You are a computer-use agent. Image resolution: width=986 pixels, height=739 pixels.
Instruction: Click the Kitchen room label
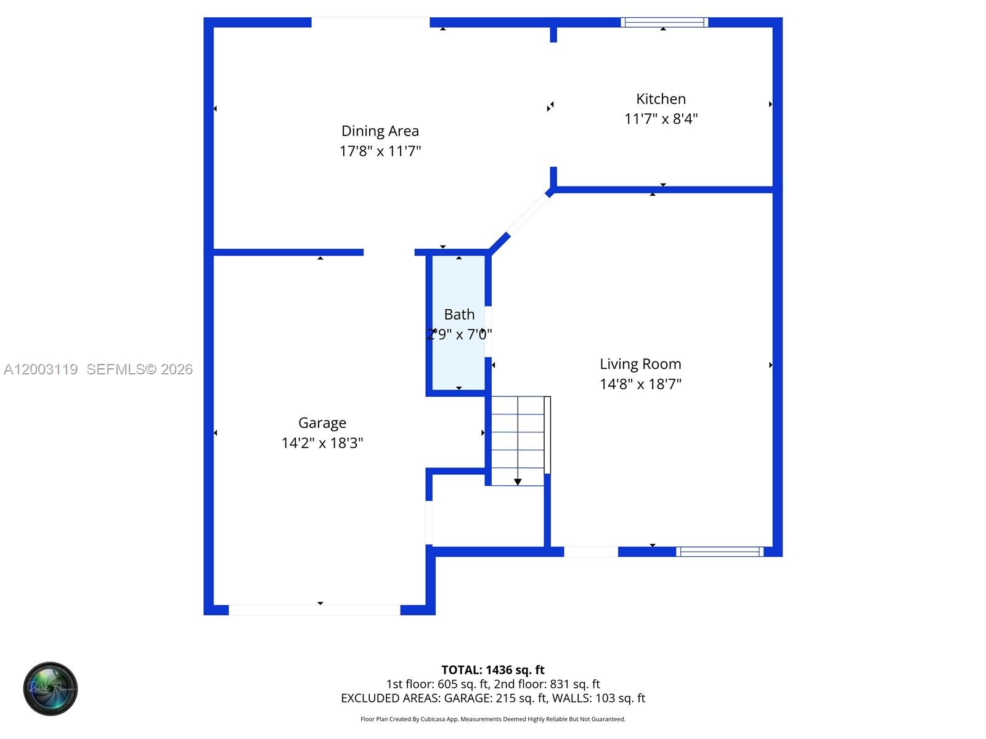[661, 99]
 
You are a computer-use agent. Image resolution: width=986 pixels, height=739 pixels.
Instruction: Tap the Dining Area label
[380, 131]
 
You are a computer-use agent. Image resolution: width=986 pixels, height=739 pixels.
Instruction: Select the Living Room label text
[640, 364]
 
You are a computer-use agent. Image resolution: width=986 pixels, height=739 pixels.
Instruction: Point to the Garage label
[322, 423]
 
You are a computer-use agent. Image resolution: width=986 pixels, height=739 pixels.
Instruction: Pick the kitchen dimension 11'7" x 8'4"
[661, 119]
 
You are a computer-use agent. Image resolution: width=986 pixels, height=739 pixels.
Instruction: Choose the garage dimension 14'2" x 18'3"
[322, 443]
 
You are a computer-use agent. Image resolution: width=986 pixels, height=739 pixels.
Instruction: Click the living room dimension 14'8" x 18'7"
[640, 384]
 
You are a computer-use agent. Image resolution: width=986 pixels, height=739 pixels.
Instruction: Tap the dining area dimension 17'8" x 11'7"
[380, 151]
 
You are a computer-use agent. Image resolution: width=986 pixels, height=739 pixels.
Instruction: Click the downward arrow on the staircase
[518, 481]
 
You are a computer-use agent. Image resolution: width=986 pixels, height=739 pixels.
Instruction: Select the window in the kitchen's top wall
[664, 23]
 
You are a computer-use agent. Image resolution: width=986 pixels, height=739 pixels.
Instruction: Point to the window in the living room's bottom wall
[719, 552]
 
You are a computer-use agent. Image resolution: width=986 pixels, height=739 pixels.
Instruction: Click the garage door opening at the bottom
[314, 610]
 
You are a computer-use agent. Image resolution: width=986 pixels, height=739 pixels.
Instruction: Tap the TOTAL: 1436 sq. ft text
[492, 670]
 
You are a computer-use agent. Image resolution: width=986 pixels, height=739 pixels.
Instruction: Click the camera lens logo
[51, 689]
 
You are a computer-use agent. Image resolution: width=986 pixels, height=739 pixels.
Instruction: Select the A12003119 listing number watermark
[41, 369]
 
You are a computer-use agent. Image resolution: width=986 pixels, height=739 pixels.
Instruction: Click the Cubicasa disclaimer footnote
[492, 719]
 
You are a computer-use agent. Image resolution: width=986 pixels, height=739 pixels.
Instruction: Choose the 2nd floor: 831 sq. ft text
[547, 684]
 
